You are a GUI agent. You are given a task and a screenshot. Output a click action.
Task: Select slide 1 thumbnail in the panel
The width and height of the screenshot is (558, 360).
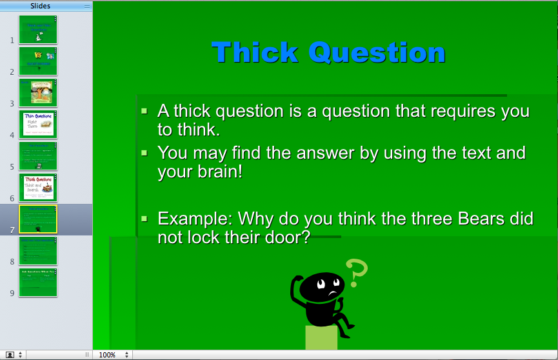(x=38, y=29)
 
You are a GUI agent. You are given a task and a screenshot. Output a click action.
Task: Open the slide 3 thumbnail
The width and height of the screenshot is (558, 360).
(x=38, y=92)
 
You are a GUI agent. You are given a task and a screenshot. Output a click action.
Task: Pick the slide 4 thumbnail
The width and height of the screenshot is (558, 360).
(x=38, y=124)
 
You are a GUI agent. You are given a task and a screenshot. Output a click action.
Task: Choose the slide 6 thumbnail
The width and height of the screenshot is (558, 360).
(x=38, y=187)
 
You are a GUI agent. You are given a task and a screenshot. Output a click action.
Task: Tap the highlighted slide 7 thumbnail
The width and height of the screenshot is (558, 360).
(x=38, y=219)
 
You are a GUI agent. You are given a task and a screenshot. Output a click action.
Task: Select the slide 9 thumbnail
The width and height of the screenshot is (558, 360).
(x=38, y=283)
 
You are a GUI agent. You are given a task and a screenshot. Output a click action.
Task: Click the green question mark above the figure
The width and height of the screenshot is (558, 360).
(x=356, y=273)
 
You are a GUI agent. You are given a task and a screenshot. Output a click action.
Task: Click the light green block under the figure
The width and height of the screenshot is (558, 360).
(x=321, y=338)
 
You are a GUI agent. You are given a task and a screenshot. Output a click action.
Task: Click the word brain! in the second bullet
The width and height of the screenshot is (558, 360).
(x=215, y=172)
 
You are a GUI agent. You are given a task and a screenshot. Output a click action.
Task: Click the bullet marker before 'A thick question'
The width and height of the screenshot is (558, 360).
(x=144, y=111)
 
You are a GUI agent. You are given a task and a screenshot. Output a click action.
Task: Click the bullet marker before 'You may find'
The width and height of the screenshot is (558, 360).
(x=144, y=153)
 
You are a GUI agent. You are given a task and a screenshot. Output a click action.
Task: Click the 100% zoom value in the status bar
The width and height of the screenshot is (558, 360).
(x=107, y=355)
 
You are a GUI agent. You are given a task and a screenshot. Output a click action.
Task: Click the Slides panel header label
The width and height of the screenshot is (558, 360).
(x=40, y=6)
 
